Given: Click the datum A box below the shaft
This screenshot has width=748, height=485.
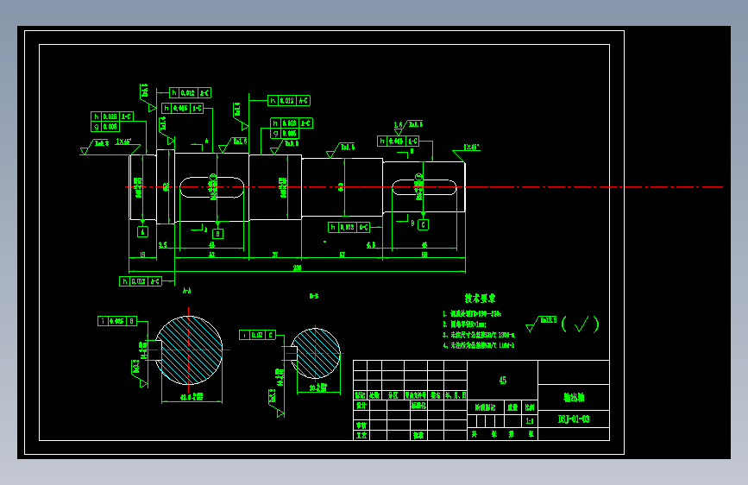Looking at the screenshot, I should [142, 231].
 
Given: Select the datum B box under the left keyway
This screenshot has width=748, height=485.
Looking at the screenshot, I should [217, 233].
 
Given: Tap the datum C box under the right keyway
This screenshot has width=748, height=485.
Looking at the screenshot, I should [424, 224].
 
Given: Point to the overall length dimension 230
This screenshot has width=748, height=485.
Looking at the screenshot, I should [298, 269].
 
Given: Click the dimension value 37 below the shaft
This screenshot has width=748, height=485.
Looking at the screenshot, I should [274, 255].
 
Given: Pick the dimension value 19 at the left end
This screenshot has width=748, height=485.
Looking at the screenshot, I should [141, 255].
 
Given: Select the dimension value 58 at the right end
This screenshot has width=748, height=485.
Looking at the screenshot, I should [424, 255].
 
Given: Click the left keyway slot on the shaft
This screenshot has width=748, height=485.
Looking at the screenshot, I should [212, 186].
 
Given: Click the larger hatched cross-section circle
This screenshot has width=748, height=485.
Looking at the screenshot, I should [189, 350].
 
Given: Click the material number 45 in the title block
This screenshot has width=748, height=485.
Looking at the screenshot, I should [503, 380].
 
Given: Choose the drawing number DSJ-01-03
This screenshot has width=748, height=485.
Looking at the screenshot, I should [574, 419].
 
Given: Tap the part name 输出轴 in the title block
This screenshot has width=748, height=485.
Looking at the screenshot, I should [574, 398].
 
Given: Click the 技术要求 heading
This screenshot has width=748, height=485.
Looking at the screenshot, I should [480, 297].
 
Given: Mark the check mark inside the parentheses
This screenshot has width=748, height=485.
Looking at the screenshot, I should [585, 324].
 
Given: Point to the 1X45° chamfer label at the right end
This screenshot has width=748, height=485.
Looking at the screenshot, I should [471, 148].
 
